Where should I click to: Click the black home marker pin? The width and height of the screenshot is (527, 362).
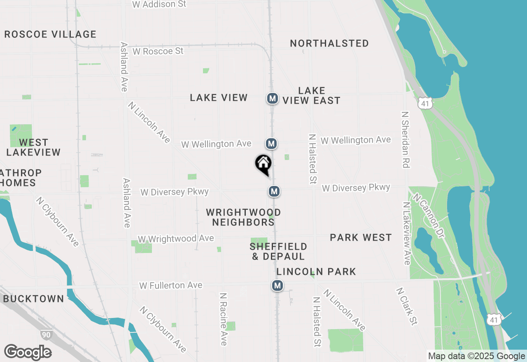263,165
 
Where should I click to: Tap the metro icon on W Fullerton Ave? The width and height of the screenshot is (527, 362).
277,285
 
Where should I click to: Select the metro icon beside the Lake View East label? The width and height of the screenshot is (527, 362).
272,98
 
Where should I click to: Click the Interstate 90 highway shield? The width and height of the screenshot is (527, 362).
47,335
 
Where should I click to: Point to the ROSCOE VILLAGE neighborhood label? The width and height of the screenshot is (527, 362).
50,34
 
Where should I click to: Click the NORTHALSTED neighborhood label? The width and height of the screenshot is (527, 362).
329,43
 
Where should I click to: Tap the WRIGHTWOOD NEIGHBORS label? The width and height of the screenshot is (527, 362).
243,217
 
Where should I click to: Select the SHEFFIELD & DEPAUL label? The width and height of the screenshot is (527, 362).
278,251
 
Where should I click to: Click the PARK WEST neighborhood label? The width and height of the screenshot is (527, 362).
361,237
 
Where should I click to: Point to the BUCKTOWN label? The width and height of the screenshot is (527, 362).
34,299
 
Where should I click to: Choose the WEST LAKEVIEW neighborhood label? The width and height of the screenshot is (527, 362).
34,147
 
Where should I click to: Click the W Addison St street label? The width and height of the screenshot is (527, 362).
159,4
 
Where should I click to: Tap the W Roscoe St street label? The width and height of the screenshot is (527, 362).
158,51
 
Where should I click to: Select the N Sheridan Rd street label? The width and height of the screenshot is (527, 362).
406,139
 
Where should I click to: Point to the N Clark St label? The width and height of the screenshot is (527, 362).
407,306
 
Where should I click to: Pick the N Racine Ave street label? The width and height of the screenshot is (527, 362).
224,319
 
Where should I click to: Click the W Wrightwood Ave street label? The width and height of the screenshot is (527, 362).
176,239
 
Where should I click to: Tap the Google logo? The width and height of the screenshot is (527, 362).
28,353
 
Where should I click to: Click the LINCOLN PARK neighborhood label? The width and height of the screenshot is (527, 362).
316,271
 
